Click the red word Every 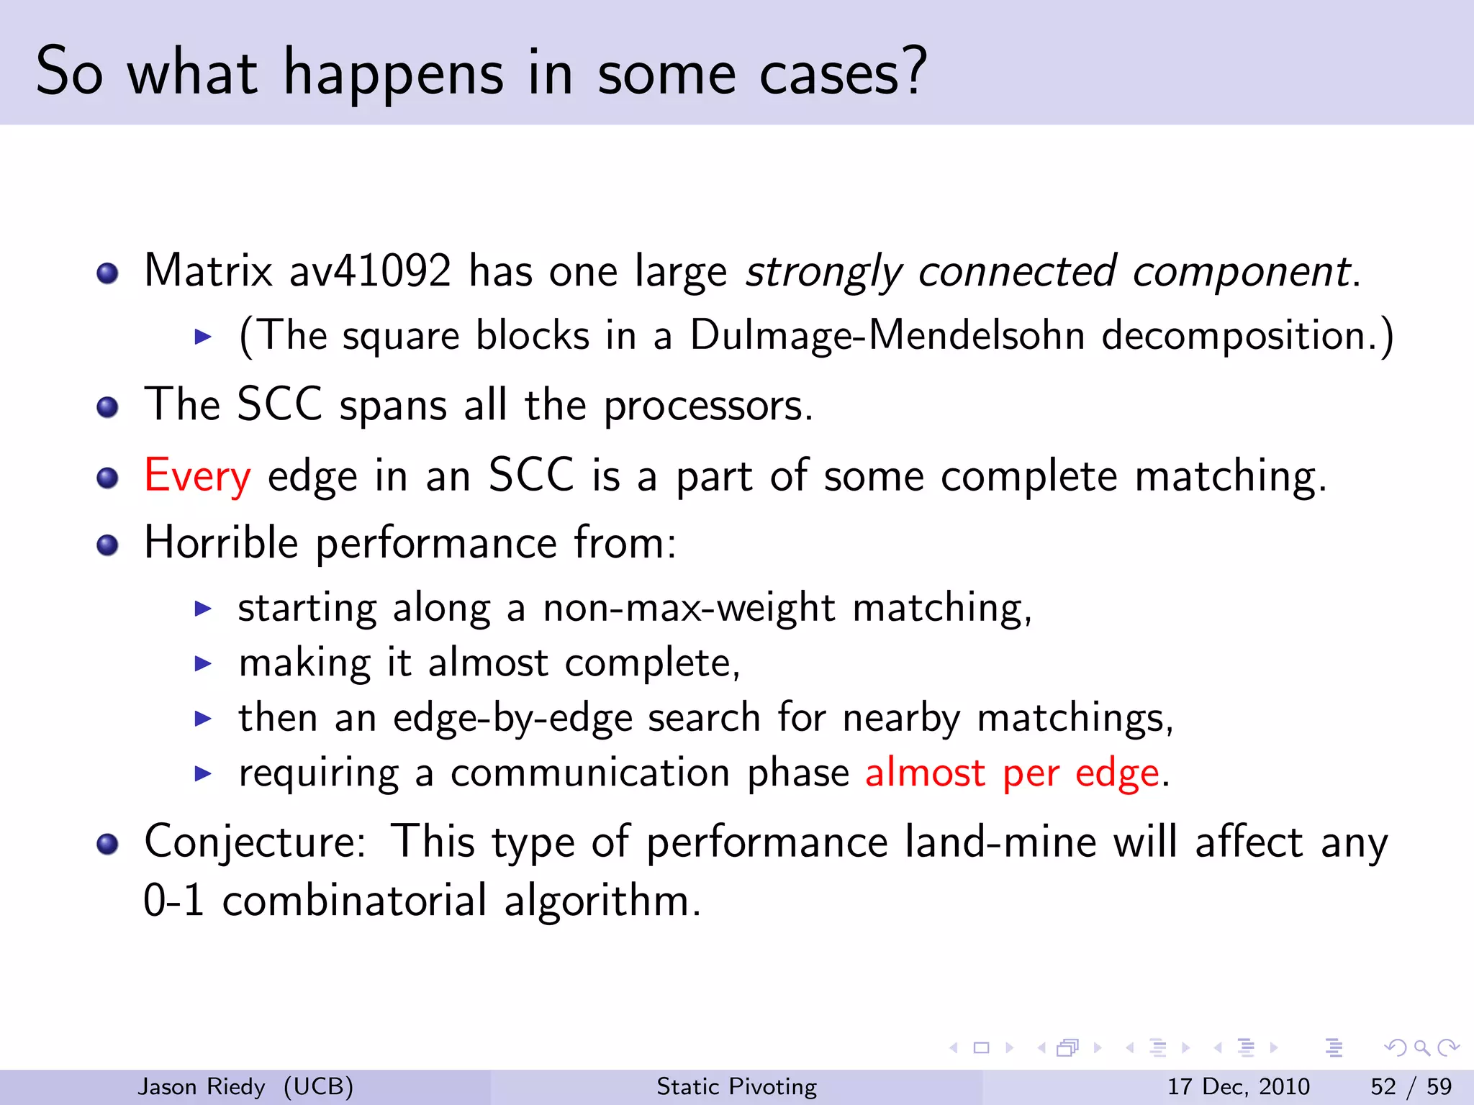coord(197,476)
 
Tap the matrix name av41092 coord(370,271)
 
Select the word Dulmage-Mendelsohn coord(887,336)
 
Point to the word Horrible coord(221,542)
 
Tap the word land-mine coord(1000,842)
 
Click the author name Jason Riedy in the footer coord(202,1086)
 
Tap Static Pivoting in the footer coord(736,1086)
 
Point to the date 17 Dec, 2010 coord(1238,1086)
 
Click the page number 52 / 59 coord(1411,1086)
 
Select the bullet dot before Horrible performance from coord(107,545)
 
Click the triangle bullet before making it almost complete coord(204,663)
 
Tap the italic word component coord(1241,273)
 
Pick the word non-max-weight coord(689,609)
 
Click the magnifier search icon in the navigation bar coord(1421,1047)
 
